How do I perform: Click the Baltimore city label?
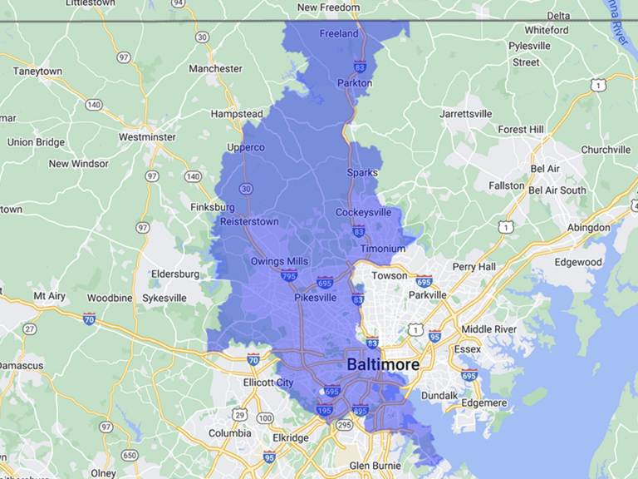point(383,364)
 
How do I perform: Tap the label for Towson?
point(390,275)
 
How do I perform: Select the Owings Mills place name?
point(279,261)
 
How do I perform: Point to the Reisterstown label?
point(249,221)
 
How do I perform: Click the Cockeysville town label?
point(363,212)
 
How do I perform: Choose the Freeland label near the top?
point(339,34)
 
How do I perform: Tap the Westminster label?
point(147,136)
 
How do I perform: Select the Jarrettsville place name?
point(466,113)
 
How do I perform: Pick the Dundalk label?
point(441,396)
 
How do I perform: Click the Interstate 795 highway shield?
point(289,275)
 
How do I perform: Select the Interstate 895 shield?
point(361,409)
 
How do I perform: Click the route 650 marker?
point(130,455)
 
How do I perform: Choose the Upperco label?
point(246,147)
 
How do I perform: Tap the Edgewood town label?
point(578,262)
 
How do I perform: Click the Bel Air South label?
point(557,190)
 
